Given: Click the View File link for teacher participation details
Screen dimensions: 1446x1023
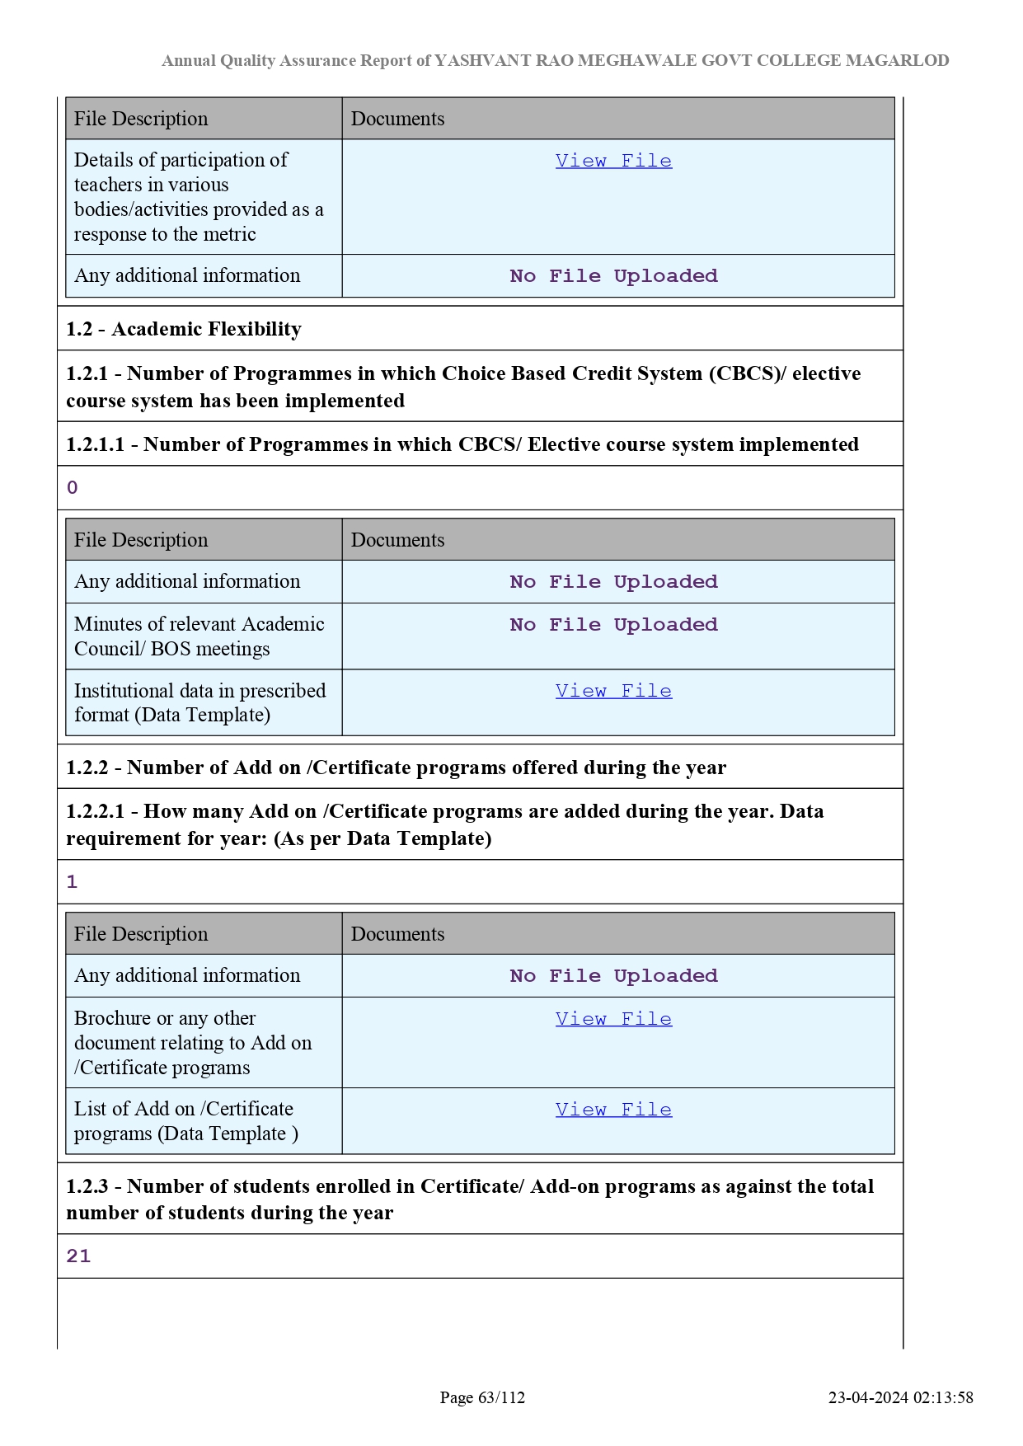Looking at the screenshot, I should coord(613,161).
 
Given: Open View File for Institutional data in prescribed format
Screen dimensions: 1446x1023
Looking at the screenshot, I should coord(613,691).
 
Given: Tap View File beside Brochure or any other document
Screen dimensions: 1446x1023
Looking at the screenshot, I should coord(613,1019).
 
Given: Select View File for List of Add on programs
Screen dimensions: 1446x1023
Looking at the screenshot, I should coord(613,1110).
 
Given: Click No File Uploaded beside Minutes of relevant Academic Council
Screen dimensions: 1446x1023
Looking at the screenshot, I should coord(613,625).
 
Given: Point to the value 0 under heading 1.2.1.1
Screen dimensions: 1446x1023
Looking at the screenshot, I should coord(73,488).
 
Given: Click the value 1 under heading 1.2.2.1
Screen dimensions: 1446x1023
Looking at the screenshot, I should coord(73,882).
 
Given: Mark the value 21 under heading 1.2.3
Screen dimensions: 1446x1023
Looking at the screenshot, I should coord(78,1256).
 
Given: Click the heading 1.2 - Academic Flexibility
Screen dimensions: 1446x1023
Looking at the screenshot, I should coord(184,329).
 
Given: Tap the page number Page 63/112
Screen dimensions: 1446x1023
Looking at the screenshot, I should coord(482,1397).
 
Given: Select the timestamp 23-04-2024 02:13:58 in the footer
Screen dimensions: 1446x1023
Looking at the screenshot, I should coord(900,1397).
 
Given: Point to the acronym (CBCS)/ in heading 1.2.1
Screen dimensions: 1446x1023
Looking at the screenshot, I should coord(748,373).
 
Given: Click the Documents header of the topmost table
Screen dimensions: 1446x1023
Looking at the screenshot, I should coord(397,119).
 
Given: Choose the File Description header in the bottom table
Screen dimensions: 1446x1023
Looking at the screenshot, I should coord(141,934).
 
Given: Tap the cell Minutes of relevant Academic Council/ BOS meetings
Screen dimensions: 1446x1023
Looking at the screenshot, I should coord(199,636).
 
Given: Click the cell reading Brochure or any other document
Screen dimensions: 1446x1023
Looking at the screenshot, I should coord(193,1043).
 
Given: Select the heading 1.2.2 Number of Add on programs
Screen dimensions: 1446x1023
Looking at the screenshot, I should coord(396,768).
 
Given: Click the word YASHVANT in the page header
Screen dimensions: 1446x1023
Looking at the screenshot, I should coord(482,60).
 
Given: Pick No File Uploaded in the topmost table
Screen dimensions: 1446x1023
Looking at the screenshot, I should coord(613,276).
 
